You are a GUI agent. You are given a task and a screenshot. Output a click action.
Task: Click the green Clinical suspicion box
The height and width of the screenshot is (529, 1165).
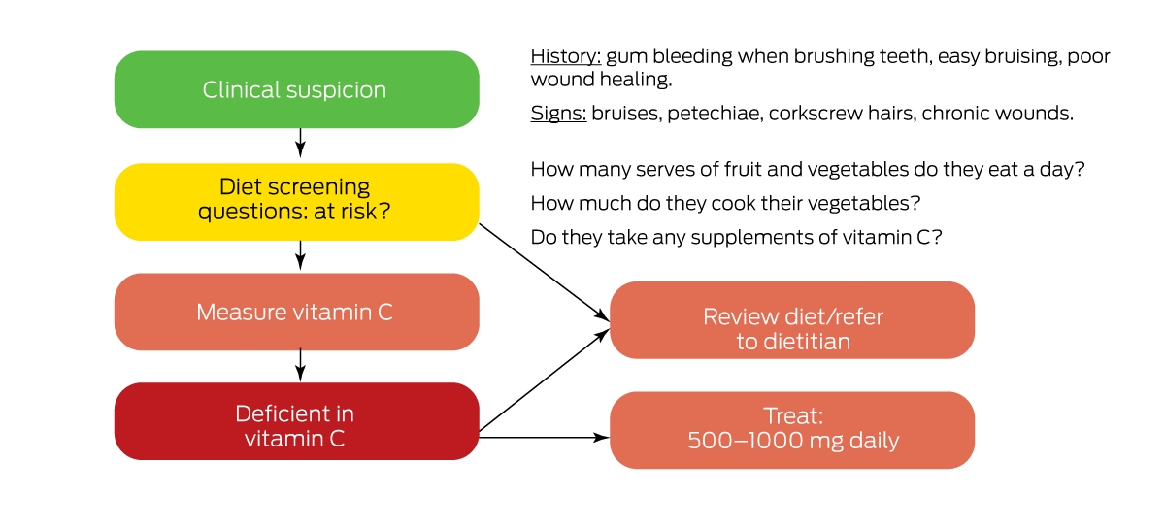[x=296, y=89]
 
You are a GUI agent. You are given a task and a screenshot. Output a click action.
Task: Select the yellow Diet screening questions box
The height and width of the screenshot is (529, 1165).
[x=296, y=202]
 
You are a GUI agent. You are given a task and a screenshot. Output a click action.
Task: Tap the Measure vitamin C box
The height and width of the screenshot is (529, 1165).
[x=296, y=312]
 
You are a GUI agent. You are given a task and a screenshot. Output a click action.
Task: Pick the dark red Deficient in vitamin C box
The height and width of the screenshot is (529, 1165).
[x=296, y=421]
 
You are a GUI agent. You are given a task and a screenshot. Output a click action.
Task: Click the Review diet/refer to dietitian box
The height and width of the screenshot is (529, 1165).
[x=792, y=320]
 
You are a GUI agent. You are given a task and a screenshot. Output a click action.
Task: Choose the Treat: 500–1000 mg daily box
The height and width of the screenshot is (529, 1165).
[x=792, y=430]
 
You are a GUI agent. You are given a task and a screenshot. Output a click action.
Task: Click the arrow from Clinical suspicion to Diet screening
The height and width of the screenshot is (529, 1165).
[x=300, y=143]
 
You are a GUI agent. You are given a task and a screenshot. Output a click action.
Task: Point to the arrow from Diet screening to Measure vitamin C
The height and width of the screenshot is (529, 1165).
[x=300, y=255]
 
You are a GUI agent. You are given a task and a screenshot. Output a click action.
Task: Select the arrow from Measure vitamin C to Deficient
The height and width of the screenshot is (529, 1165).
[x=300, y=365]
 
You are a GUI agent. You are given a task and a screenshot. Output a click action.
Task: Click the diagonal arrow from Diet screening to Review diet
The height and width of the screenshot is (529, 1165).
[x=544, y=272]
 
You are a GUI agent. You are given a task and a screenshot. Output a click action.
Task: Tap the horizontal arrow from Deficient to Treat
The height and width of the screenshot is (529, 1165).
[x=544, y=438]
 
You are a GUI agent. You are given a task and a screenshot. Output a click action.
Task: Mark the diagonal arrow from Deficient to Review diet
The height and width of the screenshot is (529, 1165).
[x=544, y=380]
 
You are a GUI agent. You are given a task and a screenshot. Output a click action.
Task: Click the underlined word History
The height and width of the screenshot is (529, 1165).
[x=566, y=56]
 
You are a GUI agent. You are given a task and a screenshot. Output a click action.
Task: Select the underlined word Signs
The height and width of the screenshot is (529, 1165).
[x=558, y=114]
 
